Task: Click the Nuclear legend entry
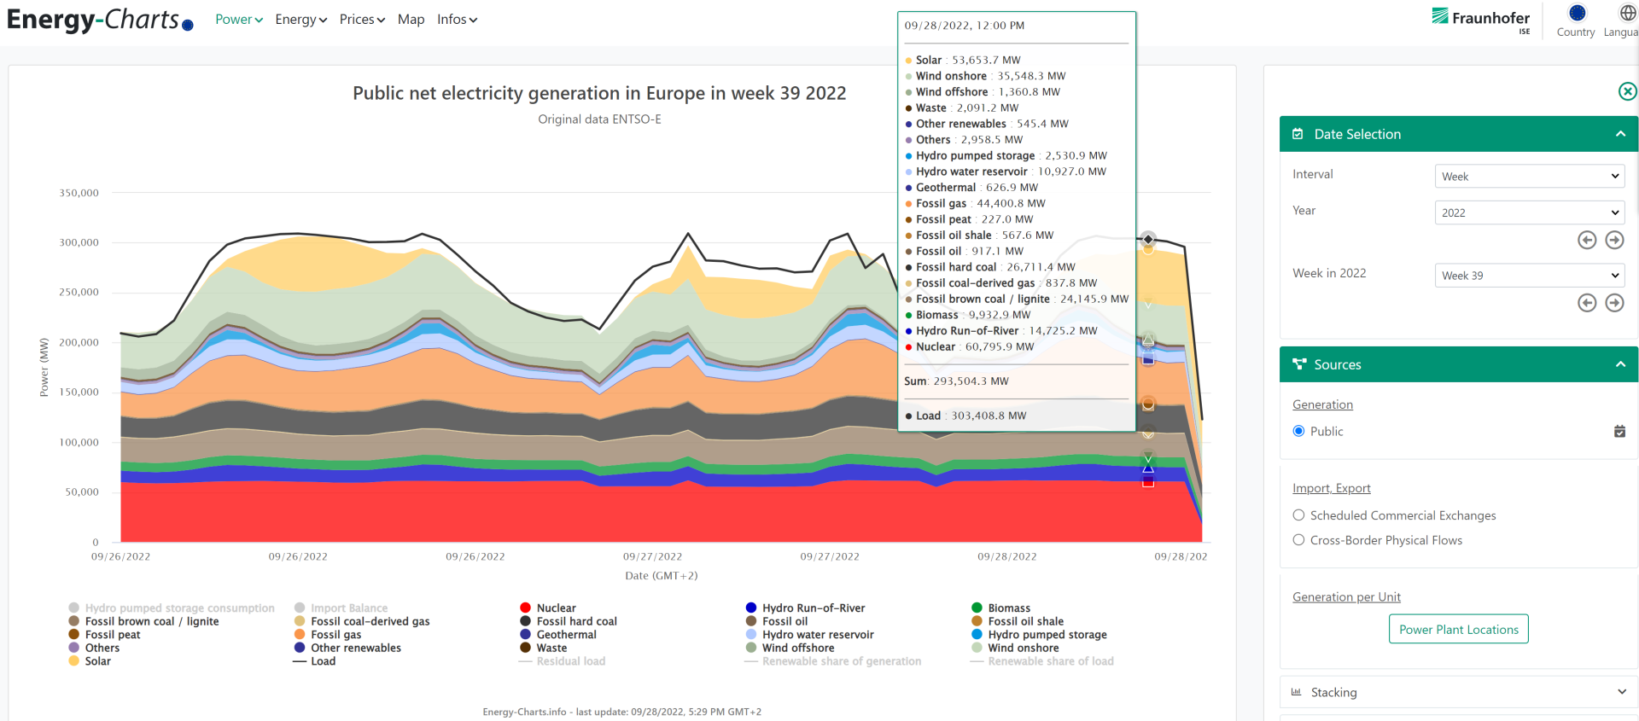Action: [556, 608]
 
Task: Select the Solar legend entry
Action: [97, 661]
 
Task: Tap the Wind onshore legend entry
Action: [1023, 648]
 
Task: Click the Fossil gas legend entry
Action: [335, 635]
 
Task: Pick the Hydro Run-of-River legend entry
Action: [813, 608]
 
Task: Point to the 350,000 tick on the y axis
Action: [79, 193]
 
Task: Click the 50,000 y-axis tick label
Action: [82, 492]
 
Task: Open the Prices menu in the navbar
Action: [362, 20]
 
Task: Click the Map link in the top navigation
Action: [411, 20]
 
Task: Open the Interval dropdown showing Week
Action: [1529, 177]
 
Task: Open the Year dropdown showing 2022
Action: [1529, 212]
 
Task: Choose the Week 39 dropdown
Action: [1529, 276]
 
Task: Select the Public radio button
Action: [1298, 432]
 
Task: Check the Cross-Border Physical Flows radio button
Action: [1298, 540]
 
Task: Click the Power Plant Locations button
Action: [1458, 630]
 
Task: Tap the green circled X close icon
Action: [1627, 91]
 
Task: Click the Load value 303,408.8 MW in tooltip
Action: [989, 416]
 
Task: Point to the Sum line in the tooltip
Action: [956, 381]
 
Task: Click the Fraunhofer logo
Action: [1481, 19]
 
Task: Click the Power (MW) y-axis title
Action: [44, 367]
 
